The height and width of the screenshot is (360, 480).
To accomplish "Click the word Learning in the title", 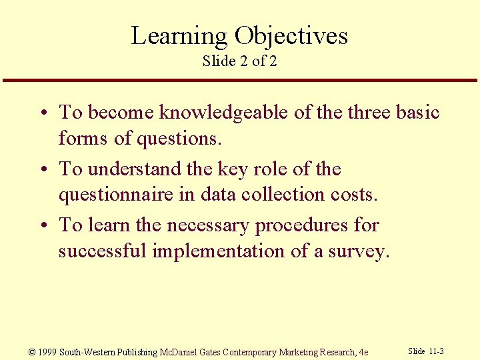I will tap(179, 35).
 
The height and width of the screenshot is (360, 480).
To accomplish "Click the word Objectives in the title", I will tap(291, 35).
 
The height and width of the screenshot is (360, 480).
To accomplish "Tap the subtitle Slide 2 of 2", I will tap(239, 61).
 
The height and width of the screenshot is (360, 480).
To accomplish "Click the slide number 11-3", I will tap(437, 351).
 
